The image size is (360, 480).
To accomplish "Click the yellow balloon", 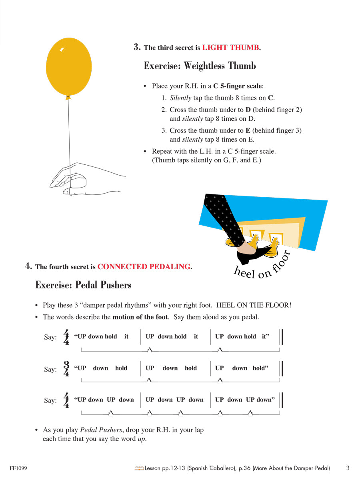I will (x=69, y=66).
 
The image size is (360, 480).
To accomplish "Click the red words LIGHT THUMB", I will (x=230, y=48).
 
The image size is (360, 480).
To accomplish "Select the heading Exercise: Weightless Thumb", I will (x=200, y=66).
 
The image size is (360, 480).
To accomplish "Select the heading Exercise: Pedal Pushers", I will (x=83, y=285).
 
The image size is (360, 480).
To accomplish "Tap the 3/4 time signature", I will (x=66, y=369).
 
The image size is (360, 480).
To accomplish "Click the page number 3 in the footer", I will (x=348, y=468).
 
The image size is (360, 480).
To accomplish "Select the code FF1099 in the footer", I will (x=19, y=468).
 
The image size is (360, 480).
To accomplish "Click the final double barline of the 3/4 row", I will (x=282, y=368).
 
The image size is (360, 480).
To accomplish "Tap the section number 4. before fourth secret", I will (x=28, y=266).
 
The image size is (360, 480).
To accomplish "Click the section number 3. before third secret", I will (x=137, y=47).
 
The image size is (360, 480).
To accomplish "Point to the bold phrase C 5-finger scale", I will (x=238, y=86).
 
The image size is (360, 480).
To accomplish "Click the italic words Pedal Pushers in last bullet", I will (x=101, y=430).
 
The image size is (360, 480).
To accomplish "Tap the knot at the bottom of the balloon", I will (x=68, y=97).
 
